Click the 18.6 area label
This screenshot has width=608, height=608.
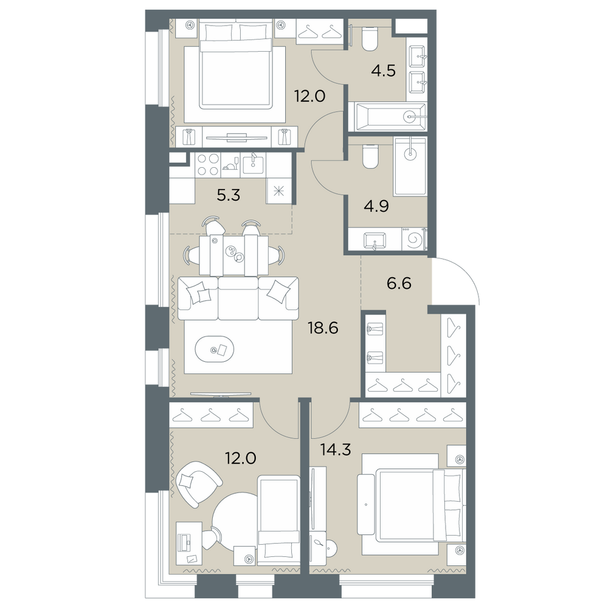323,328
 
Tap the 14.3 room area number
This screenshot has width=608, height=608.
336,449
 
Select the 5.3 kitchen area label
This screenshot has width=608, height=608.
229,195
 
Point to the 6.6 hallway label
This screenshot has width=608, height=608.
399,283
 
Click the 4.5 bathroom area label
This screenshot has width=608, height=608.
383,71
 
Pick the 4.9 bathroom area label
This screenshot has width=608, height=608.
376,206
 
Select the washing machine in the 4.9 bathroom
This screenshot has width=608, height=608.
413,239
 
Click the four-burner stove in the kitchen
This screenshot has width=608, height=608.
207,164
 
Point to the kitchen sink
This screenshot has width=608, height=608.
253,165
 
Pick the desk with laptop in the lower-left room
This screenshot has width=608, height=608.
189,543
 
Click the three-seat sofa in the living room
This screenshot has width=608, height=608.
238,298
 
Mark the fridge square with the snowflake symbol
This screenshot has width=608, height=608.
278,191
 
